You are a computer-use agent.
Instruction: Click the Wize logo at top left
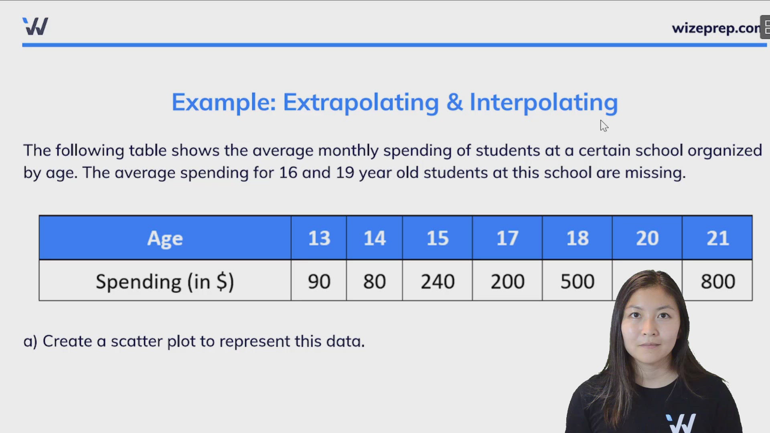coord(35,26)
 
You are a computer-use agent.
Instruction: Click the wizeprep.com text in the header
coord(716,28)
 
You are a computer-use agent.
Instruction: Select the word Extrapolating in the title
coord(361,103)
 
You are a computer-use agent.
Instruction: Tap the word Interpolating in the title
coord(543,103)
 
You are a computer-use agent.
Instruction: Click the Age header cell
coord(165,238)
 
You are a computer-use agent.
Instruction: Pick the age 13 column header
coord(319,238)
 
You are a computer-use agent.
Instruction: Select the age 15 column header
coord(437,238)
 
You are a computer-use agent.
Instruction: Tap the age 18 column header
coord(577,238)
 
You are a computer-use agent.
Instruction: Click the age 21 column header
coord(717,238)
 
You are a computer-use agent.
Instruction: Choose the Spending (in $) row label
coord(165,281)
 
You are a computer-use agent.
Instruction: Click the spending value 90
coord(319,281)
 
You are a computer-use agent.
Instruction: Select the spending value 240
coord(437,281)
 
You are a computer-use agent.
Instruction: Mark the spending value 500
coord(577,281)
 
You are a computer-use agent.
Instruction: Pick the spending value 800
coord(717,281)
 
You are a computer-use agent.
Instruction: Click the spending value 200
coord(507,281)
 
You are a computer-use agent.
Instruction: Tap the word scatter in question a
coord(136,342)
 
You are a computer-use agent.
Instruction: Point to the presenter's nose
coord(649,331)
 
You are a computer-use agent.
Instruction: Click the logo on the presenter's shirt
coord(681,423)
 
